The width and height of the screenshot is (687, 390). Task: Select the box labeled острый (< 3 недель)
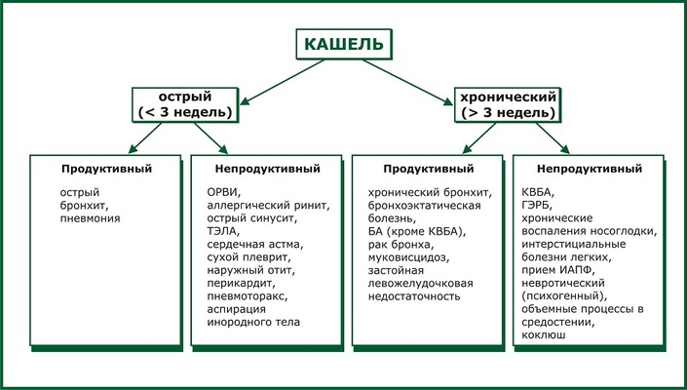186,104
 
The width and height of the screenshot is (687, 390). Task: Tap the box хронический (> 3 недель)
505,104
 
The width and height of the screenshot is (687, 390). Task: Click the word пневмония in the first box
91,219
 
